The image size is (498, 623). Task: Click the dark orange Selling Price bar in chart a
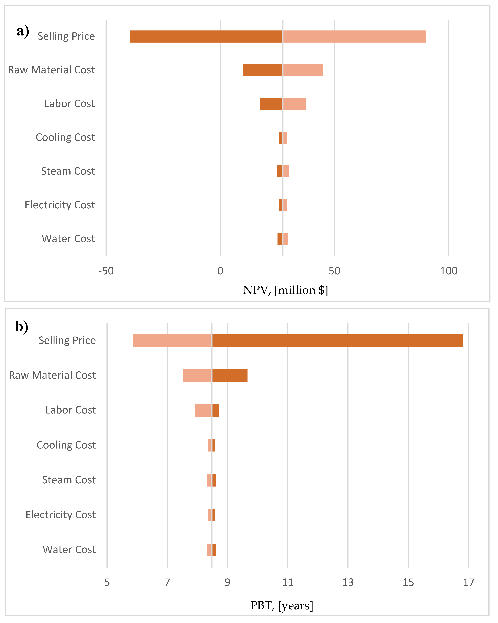(x=206, y=36)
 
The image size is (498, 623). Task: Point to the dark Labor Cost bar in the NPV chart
(x=271, y=104)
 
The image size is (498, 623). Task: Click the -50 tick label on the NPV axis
(x=106, y=271)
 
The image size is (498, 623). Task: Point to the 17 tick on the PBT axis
(x=468, y=582)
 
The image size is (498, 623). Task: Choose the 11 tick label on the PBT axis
(x=288, y=582)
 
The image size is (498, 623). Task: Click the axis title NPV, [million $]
(x=285, y=290)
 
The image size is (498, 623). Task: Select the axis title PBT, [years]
(x=282, y=605)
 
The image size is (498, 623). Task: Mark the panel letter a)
(x=23, y=31)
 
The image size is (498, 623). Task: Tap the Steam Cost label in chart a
(x=68, y=171)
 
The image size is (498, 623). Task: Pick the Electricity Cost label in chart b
(x=61, y=515)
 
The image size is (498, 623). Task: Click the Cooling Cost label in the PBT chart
(x=66, y=445)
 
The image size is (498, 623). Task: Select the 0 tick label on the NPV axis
(x=220, y=271)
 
